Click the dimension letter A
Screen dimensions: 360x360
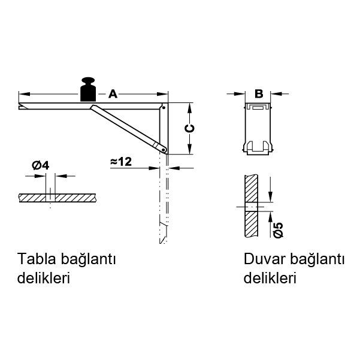[x=113, y=93]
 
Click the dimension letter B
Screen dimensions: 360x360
[x=259, y=93]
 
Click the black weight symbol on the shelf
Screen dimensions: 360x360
[x=89, y=89]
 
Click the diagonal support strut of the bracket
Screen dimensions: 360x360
[x=126, y=126]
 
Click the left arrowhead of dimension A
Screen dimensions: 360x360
[x=23, y=93]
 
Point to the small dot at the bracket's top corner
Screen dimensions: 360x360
[x=164, y=108]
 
